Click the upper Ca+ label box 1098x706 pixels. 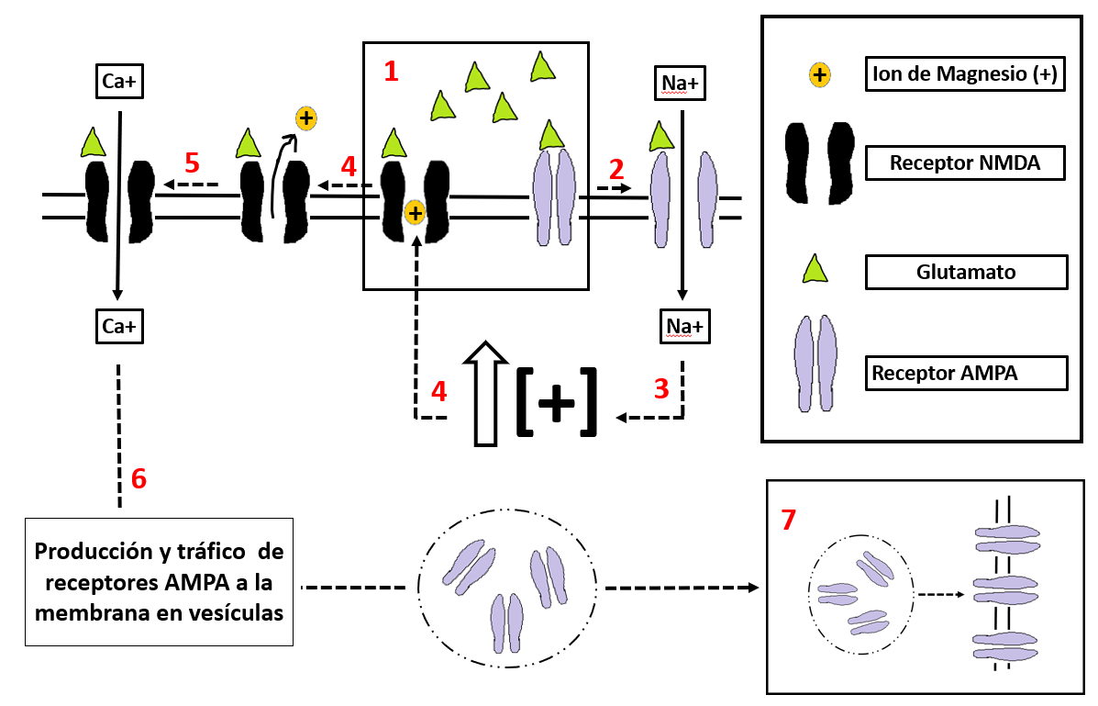(120, 82)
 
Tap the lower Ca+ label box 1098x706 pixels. (120, 325)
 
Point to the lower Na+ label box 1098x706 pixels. (682, 325)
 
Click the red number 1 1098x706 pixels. (391, 71)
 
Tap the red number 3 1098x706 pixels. (661, 388)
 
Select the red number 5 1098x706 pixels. (192, 162)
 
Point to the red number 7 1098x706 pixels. (788, 520)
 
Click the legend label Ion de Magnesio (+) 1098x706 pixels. (966, 75)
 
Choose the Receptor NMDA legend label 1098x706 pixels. (966, 164)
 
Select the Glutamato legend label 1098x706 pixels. (966, 272)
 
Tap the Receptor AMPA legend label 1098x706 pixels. (966, 373)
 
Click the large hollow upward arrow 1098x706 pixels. (485, 394)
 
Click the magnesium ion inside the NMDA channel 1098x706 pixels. (415, 213)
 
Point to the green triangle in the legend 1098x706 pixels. (815, 269)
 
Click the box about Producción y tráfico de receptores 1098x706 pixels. (159, 582)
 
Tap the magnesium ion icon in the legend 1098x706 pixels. (819, 75)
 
